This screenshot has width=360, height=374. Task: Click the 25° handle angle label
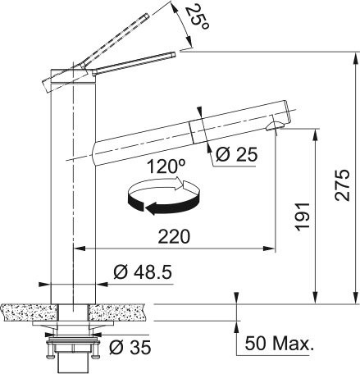tap(196, 17)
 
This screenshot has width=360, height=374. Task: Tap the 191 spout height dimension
tap(303, 217)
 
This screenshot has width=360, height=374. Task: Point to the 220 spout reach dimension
tap(175, 236)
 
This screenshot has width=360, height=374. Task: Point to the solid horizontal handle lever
tap(131, 64)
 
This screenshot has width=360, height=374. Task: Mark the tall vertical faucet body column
tap(75, 189)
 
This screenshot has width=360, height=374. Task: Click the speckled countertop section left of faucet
tap(25, 311)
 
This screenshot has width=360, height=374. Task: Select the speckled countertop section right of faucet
tap(123, 311)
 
